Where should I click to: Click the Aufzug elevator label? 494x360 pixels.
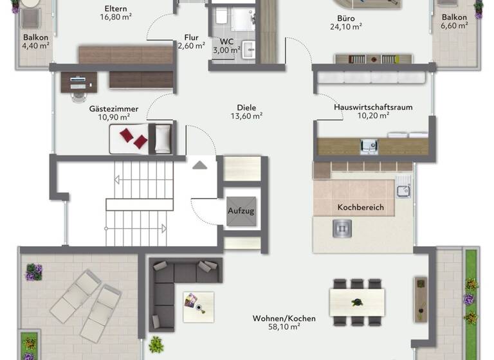tap(241, 211)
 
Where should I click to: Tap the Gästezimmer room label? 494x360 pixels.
tap(109, 109)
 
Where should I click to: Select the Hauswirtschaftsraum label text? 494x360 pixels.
tap(373, 107)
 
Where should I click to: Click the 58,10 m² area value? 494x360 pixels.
tap(277, 327)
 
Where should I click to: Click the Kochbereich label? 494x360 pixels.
tap(360, 208)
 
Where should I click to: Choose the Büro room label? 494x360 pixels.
tap(346, 19)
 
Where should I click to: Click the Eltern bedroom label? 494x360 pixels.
tap(115, 9)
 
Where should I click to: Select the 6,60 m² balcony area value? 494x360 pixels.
tap(454, 26)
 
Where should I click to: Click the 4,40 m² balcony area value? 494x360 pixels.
tap(35, 46)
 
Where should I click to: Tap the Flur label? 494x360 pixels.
tap(191, 37)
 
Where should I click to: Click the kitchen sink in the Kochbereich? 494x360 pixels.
tap(403, 190)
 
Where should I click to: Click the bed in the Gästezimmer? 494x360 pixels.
tap(142, 138)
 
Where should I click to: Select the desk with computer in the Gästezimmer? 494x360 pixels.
tap(78, 82)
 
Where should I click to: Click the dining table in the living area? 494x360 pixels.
tap(357, 300)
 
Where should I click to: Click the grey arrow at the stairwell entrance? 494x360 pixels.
tap(200, 165)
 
